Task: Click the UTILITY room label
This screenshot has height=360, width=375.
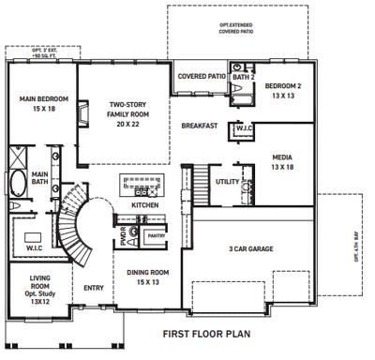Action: point(228,182)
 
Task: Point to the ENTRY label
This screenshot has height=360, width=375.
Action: point(94,288)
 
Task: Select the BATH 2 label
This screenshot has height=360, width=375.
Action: point(243,77)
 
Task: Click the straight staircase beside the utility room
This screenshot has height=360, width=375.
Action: point(200,183)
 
